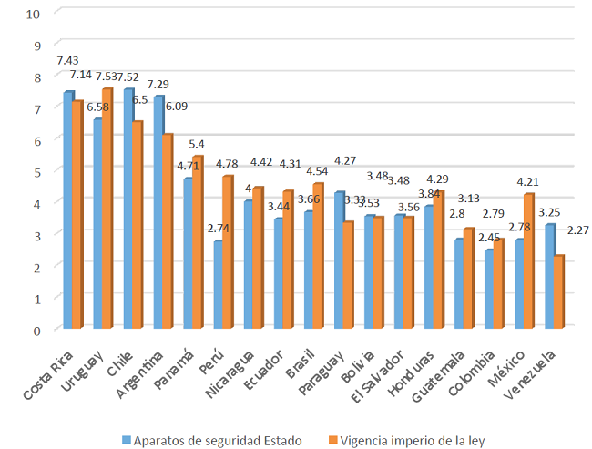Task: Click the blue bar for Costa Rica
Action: pos(67,210)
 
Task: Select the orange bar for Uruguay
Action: pos(107,209)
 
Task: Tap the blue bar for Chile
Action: pos(128,209)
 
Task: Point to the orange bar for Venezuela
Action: pos(559,292)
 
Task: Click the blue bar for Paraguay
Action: pos(338,260)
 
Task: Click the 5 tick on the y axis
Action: pos(36,171)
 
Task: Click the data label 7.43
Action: pos(67,59)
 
